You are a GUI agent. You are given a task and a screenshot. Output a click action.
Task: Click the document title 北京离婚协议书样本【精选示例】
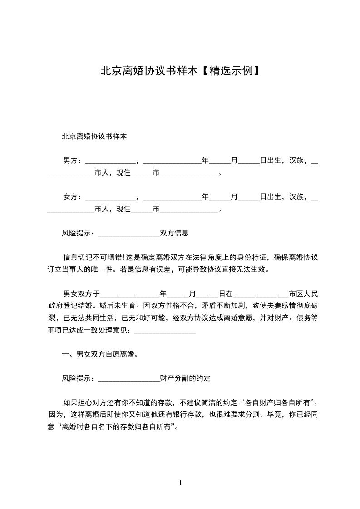click(180, 71)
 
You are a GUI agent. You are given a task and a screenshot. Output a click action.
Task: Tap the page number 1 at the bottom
click(180, 483)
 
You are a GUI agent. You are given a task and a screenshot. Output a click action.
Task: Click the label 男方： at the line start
click(73, 161)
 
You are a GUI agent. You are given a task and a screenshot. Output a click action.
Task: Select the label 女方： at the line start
click(73, 197)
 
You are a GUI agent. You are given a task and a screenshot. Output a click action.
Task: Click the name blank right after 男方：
click(110, 162)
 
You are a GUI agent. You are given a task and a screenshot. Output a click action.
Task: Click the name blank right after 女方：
click(110, 198)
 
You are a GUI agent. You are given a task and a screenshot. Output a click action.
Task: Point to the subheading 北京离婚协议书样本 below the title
click(94, 136)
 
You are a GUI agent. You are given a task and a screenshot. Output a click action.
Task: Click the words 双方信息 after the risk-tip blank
click(174, 233)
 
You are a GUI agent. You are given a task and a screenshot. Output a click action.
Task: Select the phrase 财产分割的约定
click(185, 378)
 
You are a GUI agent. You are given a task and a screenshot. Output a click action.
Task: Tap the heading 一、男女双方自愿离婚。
click(100, 354)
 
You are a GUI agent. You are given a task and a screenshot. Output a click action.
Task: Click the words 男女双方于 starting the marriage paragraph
click(81, 294)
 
